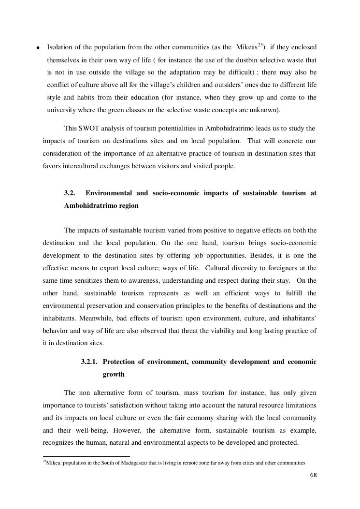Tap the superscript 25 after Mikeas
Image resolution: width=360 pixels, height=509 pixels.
point(260,45)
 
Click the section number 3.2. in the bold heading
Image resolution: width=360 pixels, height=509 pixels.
point(70,193)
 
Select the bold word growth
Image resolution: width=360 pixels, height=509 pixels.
point(114,374)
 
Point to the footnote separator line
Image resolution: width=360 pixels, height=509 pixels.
point(86,456)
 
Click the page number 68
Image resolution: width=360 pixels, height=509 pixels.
point(313,475)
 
